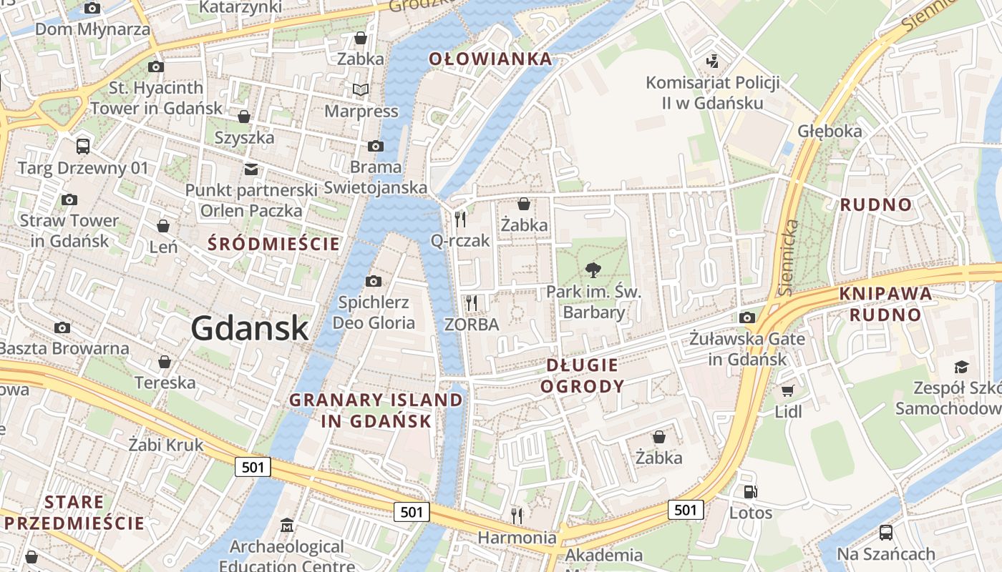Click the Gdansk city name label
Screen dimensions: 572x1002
tap(250, 328)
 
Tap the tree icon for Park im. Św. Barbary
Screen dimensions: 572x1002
tap(593, 270)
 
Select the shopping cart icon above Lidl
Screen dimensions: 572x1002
tap(788, 390)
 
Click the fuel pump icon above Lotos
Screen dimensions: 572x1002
tap(751, 491)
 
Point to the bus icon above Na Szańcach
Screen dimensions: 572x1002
tap(886, 532)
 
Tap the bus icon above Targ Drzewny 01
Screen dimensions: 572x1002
tap(83, 146)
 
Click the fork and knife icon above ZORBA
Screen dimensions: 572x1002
tap(471, 302)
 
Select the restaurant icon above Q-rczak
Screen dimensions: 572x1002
tap(460, 219)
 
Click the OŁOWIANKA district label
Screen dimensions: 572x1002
tap(491, 59)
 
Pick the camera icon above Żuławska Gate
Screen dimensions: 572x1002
tap(747, 317)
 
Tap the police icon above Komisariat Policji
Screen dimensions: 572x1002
tap(712, 61)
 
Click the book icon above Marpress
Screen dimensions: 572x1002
tap(361, 89)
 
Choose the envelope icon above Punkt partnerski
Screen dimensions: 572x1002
tap(251, 169)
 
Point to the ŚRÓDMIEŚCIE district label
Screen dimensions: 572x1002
tap(273, 244)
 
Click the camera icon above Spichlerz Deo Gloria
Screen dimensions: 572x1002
tap(374, 281)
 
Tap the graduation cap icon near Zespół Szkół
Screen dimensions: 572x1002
tap(961, 367)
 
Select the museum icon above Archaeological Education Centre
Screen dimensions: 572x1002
tap(287, 526)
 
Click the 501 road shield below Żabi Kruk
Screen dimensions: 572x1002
tap(253, 468)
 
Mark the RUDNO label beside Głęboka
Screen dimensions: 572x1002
tap(876, 205)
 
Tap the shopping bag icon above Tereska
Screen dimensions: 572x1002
tap(165, 362)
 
